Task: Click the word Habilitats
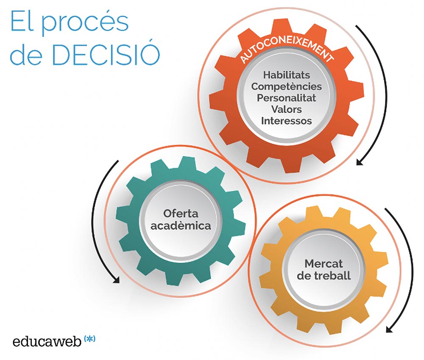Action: click(x=287, y=75)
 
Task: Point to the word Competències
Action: click(x=286, y=86)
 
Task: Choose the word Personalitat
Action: click(x=286, y=98)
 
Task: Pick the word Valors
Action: click(x=286, y=109)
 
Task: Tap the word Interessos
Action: click(x=286, y=121)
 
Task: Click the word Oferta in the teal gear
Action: click(x=181, y=213)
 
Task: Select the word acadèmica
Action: click(x=181, y=226)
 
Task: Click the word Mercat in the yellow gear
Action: click(x=324, y=263)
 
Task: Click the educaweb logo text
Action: click(x=47, y=341)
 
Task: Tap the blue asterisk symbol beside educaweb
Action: click(x=90, y=339)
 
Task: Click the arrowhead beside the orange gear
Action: click(x=360, y=162)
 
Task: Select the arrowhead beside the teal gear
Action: click(x=116, y=280)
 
